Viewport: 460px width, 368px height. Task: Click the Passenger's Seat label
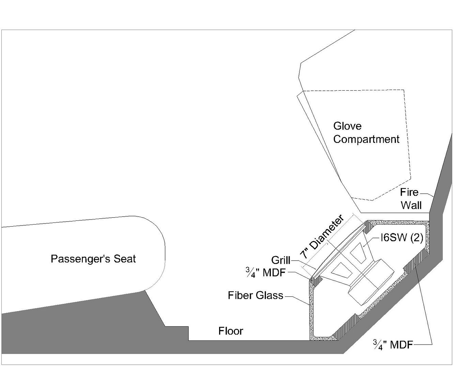93,259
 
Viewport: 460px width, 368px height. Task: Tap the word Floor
231,331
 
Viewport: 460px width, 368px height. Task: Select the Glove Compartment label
366,133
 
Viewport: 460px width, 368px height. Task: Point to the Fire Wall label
411,199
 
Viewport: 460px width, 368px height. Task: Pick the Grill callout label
280,260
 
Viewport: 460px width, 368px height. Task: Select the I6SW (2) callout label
401,238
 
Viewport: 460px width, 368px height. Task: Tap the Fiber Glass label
256,295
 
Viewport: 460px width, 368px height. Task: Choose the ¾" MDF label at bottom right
393,345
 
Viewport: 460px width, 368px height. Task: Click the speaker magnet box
371,282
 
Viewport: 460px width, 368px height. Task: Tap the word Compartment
366,139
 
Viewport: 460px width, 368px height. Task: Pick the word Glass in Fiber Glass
270,295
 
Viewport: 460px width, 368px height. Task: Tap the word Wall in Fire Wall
411,205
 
